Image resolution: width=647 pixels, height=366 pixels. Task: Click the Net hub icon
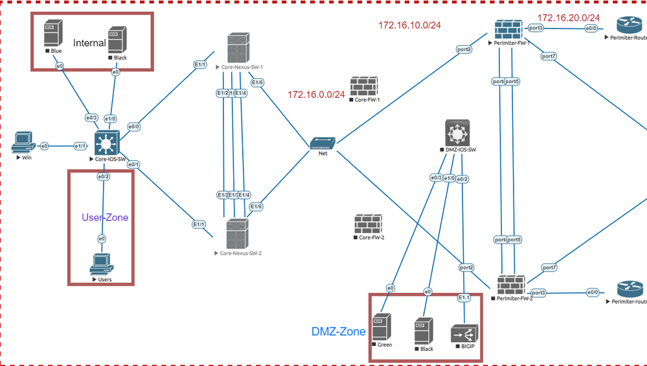322,143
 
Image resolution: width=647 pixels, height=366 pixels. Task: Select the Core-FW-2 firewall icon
367,224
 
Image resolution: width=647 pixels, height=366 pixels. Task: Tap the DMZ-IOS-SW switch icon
457,133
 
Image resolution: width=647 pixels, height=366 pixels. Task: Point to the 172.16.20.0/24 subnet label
568,17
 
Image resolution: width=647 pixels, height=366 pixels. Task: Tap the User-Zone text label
105,218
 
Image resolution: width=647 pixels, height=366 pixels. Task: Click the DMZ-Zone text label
338,332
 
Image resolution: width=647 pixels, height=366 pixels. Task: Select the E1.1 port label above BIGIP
464,297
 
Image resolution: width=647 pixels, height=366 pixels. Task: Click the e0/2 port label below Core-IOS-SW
103,176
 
